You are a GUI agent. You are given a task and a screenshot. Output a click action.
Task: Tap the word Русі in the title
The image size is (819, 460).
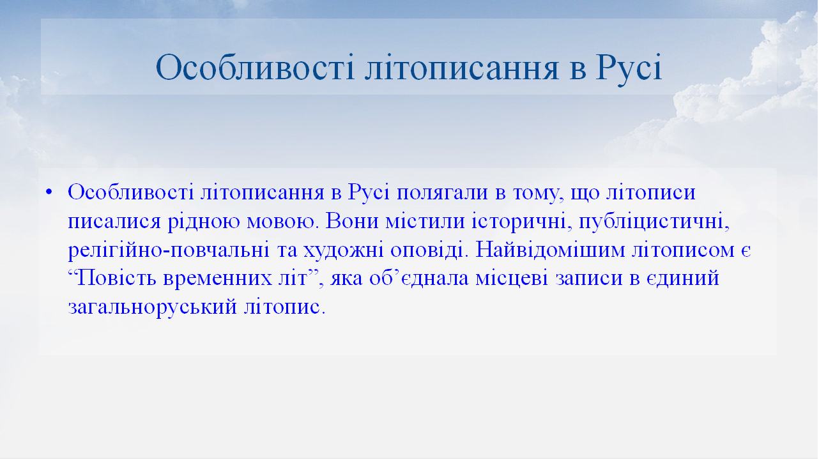(629, 68)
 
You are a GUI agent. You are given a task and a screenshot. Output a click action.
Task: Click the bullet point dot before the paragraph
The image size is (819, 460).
(49, 192)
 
